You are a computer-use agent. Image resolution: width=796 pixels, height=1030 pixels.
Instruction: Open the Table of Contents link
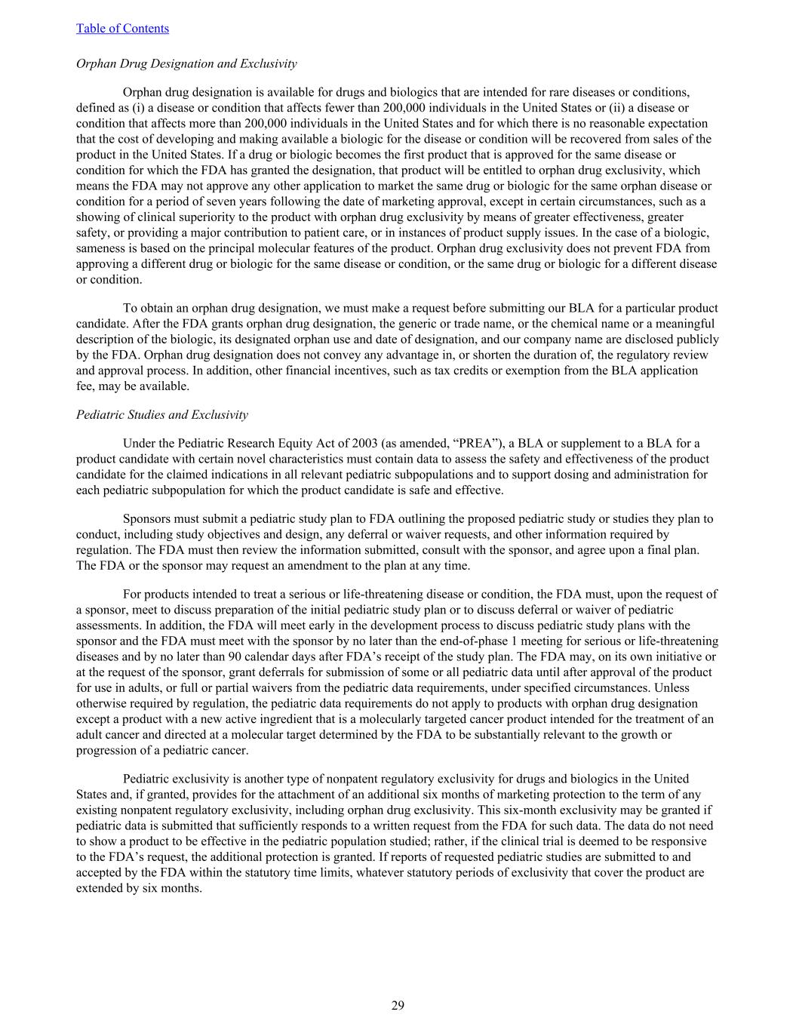tap(122, 29)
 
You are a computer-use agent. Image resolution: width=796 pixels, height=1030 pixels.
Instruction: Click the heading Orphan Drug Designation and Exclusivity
tap(186, 63)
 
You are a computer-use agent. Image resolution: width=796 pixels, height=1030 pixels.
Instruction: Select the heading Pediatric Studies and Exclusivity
tap(161, 414)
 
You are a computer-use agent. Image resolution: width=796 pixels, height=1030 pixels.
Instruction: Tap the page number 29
tap(398, 1004)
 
